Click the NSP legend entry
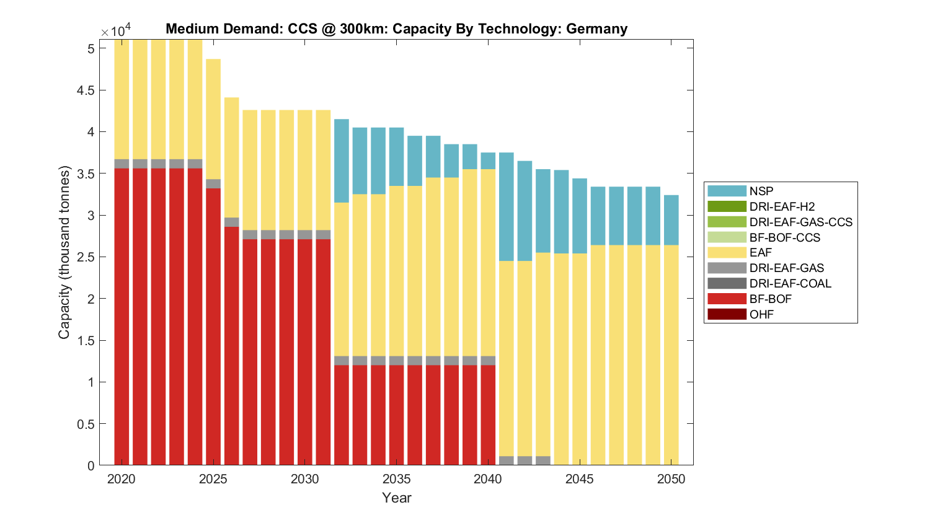click(x=761, y=191)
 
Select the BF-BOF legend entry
click(x=770, y=299)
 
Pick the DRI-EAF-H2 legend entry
click(x=782, y=206)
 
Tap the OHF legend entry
click(x=761, y=314)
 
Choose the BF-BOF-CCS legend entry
click(x=784, y=237)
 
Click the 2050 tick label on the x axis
click(x=671, y=479)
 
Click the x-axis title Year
click(x=397, y=498)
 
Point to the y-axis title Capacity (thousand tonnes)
click(x=64, y=252)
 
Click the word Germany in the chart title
click(x=596, y=29)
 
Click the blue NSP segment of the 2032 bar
click(x=342, y=161)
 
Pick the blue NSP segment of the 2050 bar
click(x=671, y=220)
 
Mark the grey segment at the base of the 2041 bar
click(x=507, y=460)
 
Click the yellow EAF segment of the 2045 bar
click(x=580, y=359)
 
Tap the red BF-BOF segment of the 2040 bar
click(x=488, y=415)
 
